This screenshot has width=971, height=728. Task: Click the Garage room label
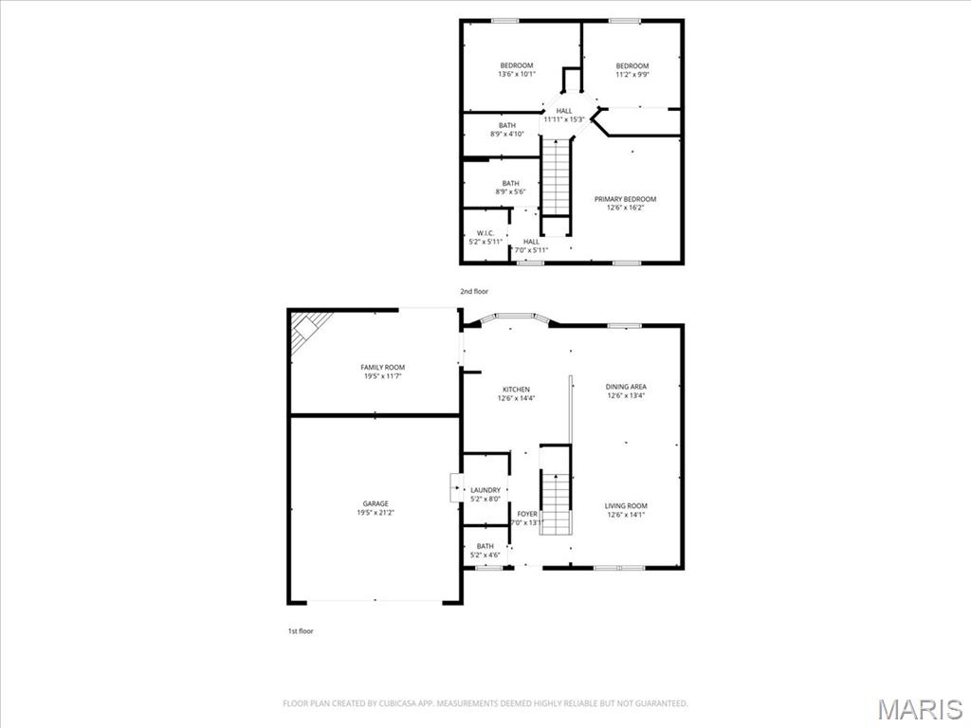click(x=376, y=504)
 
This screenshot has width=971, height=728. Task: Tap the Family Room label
click(x=383, y=368)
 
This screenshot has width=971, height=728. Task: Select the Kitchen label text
click(x=516, y=390)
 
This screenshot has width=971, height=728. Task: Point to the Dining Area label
click(x=626, y=387)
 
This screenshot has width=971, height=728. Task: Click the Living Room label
click(x=626, y=506)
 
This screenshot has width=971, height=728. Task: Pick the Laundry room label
click(x=485, y=490)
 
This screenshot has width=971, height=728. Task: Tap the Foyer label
click(x=527, y=514)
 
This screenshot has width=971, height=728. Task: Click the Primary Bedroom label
click(x=625, y=199)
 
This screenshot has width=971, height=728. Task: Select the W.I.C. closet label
click(x=485, y=233)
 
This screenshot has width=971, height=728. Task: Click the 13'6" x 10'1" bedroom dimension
click(x=517, y=74)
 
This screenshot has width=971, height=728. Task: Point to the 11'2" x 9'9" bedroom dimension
click(x=632, y=74)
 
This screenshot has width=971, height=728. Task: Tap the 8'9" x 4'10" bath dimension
click(x=507, y=134)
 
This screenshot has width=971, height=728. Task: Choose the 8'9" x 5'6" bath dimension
click(x=510, y=191)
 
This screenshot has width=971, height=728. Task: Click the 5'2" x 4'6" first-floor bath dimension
click(x=485, y=555)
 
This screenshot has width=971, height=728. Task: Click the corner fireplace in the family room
click(x=309, y=329)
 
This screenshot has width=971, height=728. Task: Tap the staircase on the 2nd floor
click(x=556, y=177)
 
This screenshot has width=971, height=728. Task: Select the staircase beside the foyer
click(x=556, y=502)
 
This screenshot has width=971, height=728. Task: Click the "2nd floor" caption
click(x=474, y=291)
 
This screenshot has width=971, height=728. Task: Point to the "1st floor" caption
click(x=301, y=631)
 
